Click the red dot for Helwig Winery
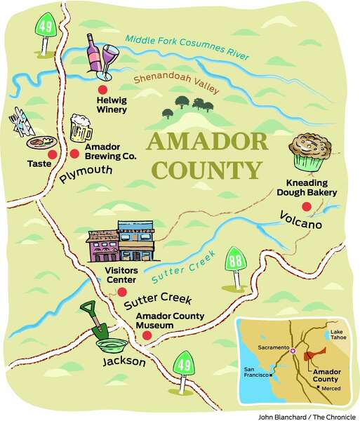click(102, 91)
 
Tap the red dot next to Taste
click(52, 154)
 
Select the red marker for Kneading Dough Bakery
click(306, 206)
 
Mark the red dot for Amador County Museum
click(147, 336)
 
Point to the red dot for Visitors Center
click(122, 292)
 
